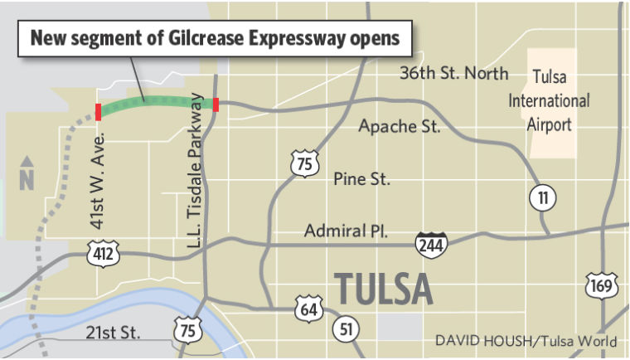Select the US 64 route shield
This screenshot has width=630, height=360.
tap(306, 310)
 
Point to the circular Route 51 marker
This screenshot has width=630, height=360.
tap(346, 329)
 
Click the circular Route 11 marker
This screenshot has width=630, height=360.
tap(543, 197)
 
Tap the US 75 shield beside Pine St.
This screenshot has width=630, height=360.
tap(304, 164)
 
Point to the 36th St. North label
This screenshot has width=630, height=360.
tap(454, 74)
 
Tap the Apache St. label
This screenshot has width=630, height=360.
tap(399, 127)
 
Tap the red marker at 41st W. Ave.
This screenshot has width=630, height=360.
tap(99, 112)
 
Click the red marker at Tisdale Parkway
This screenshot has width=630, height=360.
tap(216, 104)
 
